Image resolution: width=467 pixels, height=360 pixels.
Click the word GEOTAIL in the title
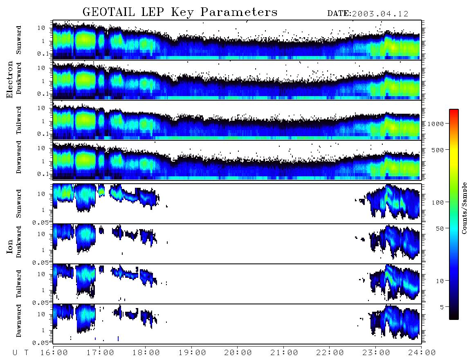(108, 12)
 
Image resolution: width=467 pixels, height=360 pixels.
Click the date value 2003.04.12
(380, 14)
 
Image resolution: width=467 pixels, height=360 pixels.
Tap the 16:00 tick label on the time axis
(54, 353)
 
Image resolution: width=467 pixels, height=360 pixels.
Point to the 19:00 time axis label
(192, 353)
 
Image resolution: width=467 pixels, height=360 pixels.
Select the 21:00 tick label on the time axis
(284, 353)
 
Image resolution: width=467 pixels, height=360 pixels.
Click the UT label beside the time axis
(20, 353)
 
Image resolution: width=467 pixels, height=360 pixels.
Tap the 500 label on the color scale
(438, 150)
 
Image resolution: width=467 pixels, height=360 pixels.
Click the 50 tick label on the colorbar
(440, 229)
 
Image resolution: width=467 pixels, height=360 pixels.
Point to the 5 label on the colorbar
(442, 307)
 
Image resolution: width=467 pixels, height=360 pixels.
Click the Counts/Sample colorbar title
(464, 208)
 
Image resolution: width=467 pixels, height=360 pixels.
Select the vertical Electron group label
(10, 79)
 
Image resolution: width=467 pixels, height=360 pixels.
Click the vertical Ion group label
(10, 246)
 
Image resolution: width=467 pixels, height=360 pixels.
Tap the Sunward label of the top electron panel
(19, 40)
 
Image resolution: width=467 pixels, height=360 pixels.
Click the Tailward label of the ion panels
(19, 284)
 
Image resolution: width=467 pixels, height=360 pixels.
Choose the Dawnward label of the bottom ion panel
(19, 320)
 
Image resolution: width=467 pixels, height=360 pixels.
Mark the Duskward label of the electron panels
(19, 78)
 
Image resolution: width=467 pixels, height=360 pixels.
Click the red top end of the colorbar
(454, 111)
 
